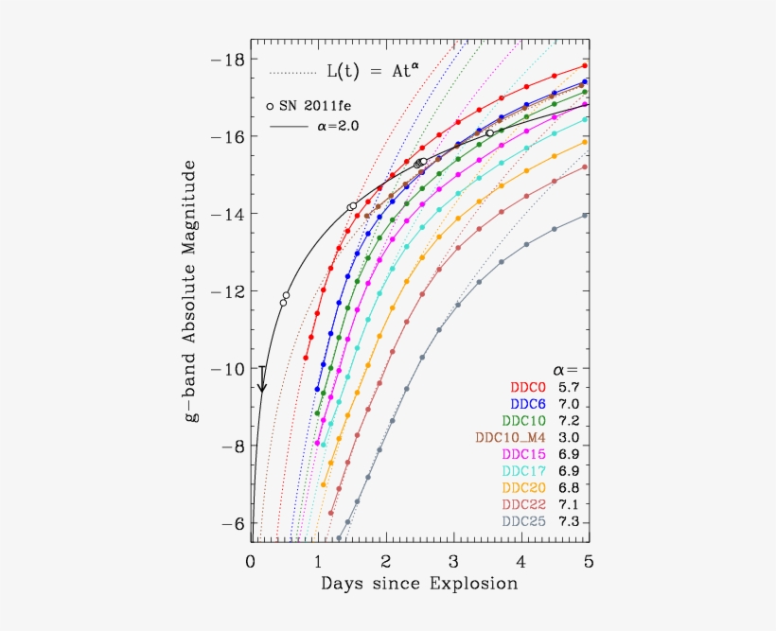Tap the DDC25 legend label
(528, 521)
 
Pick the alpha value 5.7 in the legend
(571, 386)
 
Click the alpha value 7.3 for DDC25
(571, 521)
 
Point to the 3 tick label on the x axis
(454, 560)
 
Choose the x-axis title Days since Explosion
(419, 584)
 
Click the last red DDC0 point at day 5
(585, 66)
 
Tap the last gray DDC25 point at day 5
(585, 216)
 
